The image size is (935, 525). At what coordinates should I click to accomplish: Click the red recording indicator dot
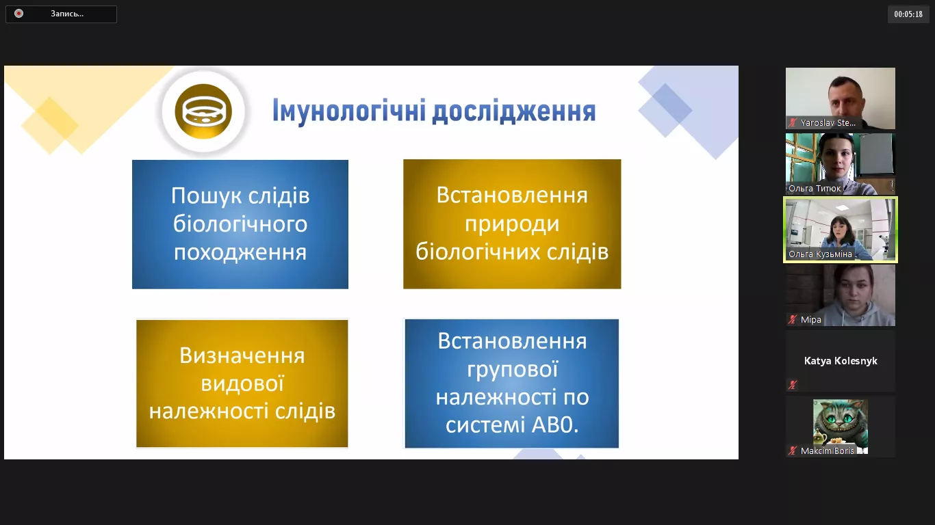point(18,14)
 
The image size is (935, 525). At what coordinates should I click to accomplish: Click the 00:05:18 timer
point(908,14)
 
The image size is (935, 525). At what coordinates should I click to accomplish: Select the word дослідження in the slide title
point(513,111)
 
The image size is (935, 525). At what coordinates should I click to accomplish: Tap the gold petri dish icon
point(203,111)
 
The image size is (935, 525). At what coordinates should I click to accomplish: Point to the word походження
point(240,252)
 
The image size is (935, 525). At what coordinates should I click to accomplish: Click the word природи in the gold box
point(512,224)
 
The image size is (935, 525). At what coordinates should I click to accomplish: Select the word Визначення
point(242,355)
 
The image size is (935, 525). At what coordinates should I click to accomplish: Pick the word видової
point(242,383)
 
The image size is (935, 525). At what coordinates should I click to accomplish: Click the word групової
point(512,369)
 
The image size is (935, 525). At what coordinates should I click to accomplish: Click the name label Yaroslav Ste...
point(828,123)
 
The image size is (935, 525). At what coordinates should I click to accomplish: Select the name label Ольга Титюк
point(815,189)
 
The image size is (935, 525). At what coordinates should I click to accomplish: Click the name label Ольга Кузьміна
point(820,254)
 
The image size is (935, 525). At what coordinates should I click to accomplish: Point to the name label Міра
point(810,319)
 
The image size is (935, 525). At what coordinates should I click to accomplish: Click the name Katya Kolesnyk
point(841,361)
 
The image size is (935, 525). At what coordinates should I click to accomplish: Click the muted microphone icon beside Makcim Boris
point(793,451)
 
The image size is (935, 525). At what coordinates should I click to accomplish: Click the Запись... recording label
point(67,14)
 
